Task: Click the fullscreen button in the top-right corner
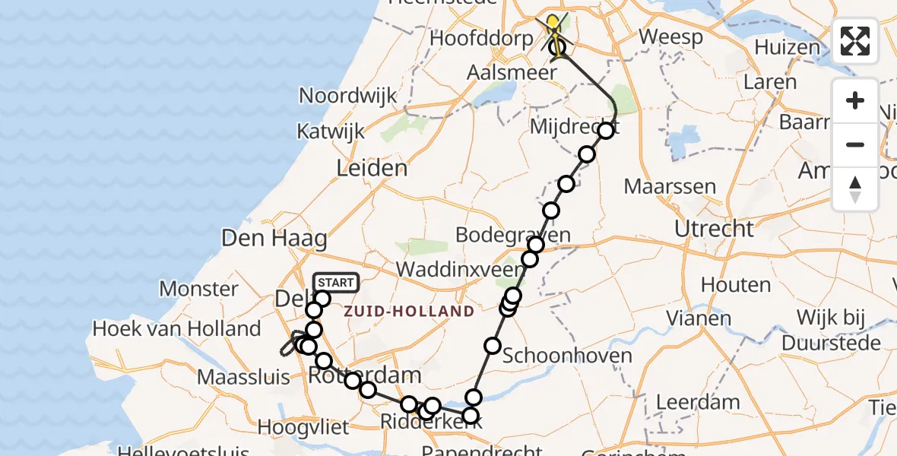coord(855,41)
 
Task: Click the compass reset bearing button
coord(855,189)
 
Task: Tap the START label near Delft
coord(334,283)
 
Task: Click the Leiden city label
coord(372,167)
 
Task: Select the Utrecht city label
coord(714,229)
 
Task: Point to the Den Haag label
coord(274,238)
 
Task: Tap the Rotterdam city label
coord(365,374)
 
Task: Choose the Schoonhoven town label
coord(566,355)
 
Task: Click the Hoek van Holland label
coord(176,329)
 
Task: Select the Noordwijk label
coord(348,96)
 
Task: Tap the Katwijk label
coord(331,131)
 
